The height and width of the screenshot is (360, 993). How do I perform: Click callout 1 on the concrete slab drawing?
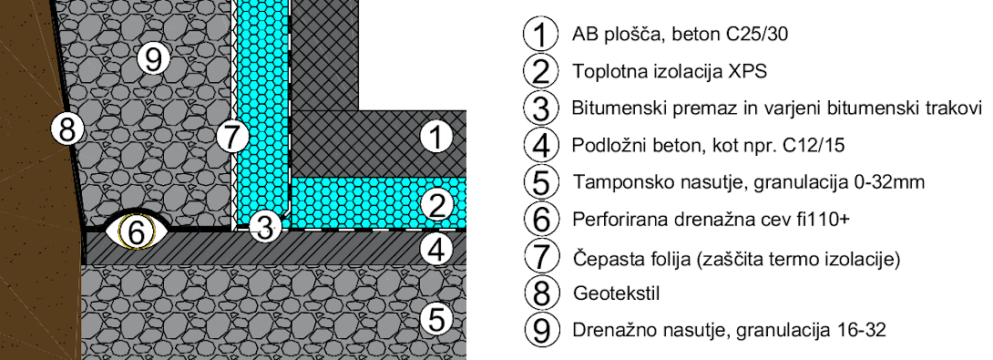coord(436,138)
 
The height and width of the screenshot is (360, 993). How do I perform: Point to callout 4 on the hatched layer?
coord(436,250)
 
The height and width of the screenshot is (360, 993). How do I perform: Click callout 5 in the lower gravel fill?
coord(436,319)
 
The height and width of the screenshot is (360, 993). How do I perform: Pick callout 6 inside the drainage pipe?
coord(136,233)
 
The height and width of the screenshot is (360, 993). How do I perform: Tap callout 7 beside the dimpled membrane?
coord(231,137)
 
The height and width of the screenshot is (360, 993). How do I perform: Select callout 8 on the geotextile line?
coord(67,131)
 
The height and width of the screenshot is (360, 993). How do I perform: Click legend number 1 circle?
coord(540,34)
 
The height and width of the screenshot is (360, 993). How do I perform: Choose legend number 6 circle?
coord(541,220)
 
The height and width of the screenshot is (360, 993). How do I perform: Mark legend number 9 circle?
coord(542,330)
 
